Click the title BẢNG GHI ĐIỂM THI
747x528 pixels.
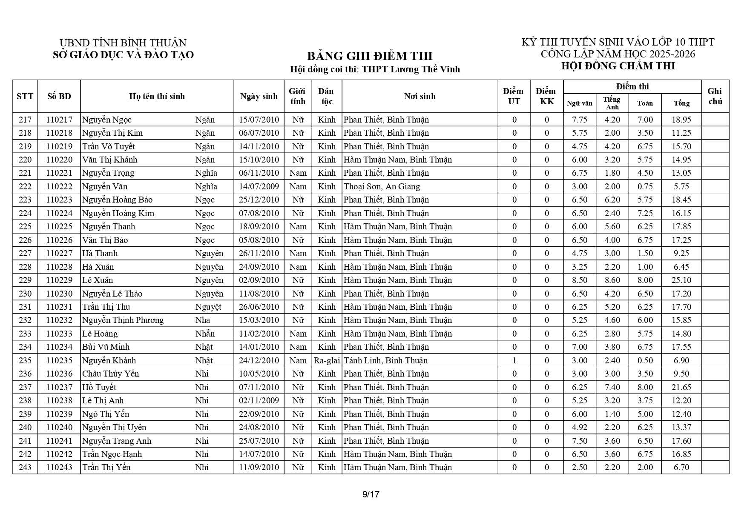pos(370,56)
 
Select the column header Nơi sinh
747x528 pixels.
pos(419,96)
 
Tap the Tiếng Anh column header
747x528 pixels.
pos(612,103)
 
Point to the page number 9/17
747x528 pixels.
pos(371,494)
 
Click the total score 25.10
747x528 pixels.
pos(681,280)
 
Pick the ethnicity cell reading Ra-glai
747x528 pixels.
pos(327,360)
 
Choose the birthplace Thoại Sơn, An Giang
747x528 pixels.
pos(382,186)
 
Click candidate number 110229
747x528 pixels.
pos(59,280)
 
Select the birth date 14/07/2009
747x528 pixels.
pos(259,186)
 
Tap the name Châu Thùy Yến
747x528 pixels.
pos(111,374)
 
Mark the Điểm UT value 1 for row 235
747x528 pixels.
pos(514,360)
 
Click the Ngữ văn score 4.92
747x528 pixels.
pos(579,427)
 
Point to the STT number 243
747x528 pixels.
pos(25,467)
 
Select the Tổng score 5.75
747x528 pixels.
pos(681,186)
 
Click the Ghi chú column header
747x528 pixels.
pos(715,96)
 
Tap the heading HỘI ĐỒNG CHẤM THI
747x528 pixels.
pos(618,66)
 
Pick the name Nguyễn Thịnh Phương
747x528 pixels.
pos(123,320)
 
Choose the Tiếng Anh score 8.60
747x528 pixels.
pos(612,280)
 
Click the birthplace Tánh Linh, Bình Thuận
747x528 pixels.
pos(385,360)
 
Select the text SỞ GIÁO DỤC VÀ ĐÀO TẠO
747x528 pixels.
pos(123,55)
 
